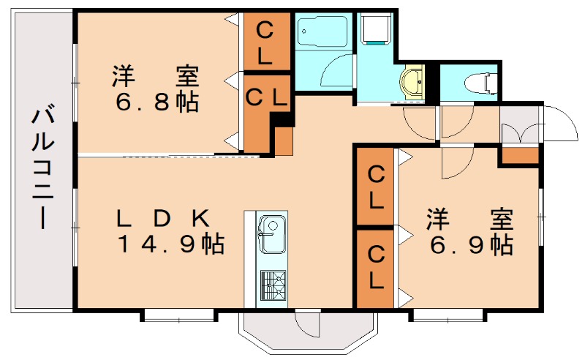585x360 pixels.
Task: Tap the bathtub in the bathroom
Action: click(322, 33)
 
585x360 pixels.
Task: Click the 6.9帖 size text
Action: click(471, 244)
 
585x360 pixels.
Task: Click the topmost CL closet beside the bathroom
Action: click(265, 42)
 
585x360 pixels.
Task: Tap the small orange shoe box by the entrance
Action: click(520, 154)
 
